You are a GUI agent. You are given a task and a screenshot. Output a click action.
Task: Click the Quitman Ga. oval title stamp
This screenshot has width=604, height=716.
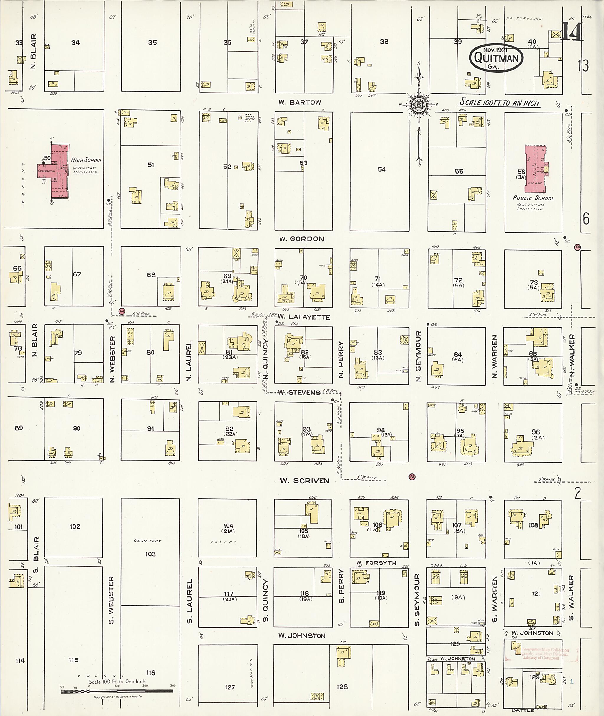tap(496, 57)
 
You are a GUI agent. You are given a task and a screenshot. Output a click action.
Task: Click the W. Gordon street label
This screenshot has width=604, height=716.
tap(301, 239)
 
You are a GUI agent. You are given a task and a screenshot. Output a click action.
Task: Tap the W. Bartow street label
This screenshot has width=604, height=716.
tap(300, 102)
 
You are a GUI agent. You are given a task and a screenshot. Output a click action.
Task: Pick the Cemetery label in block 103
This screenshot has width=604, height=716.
tap(147, 541)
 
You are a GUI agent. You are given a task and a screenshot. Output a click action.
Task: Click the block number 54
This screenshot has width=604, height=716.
tap(381, 169)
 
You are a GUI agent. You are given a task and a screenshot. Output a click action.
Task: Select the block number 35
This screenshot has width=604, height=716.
tap(152, 42)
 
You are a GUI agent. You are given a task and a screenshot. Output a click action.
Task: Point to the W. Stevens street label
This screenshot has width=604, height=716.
tap(299, 392)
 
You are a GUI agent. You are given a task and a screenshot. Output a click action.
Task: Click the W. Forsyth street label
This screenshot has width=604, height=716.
tap(376, 563)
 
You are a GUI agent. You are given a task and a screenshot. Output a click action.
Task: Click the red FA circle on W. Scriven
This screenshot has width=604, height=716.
tap(412, 476)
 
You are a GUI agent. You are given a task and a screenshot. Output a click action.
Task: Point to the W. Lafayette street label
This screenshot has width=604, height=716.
tap(303, 317)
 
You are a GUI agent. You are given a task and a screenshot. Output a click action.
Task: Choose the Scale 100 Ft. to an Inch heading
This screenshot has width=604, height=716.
tap(499, 102)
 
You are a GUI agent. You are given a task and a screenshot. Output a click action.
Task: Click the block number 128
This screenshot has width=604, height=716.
tap(342, 687)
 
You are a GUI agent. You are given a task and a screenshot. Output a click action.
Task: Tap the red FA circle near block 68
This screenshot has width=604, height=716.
tap(122, 311)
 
